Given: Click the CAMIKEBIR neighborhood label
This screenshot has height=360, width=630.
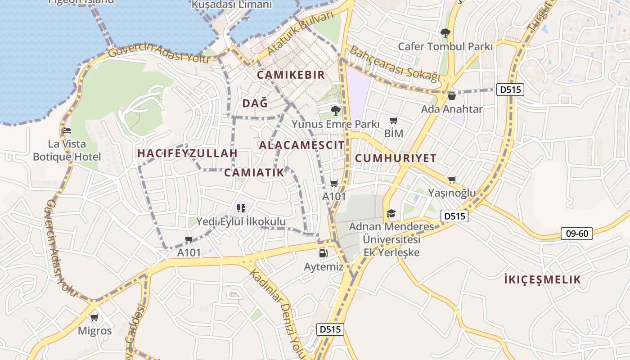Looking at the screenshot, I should click(x=291, y=75).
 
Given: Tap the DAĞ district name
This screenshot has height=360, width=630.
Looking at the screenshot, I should click(x=255, y=103).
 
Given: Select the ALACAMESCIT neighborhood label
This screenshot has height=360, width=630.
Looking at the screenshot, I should click(x=301, y=145).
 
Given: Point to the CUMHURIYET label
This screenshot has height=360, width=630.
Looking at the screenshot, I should click(x=396, y=158).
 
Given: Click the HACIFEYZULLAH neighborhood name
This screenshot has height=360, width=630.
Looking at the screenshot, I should click(x=187, y=153).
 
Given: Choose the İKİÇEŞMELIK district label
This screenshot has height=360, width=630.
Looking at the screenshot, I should click(x=543, y=279).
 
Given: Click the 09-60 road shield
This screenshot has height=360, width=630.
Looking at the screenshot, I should click(x=576, y=234).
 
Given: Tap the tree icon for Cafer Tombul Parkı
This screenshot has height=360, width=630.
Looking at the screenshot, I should click(x=445, y=33).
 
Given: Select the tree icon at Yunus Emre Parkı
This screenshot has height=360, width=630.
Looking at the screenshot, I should click(x=335, y=110).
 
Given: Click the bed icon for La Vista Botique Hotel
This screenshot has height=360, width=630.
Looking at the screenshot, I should click(x=67, y=131).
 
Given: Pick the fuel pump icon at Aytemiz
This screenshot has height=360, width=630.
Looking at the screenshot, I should click(x=323, y=253).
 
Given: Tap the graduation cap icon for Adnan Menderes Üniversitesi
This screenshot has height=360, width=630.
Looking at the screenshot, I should click(x=391, y=213).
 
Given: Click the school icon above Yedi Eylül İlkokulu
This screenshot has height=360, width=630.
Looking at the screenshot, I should click(x=241, y=208).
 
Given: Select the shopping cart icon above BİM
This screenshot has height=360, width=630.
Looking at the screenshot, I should click(x=394, y=120).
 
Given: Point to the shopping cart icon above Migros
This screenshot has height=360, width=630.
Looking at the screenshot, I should click(x=94, y=318).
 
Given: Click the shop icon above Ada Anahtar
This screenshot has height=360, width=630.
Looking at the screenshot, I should click(x=452, y=96).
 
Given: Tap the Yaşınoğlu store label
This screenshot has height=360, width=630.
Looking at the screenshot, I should click(x=451, y=193).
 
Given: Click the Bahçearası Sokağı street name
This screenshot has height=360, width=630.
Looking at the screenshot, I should click(x=395, y=64).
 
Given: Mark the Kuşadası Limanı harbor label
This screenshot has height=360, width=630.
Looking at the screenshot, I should click(x=232, y=5).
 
